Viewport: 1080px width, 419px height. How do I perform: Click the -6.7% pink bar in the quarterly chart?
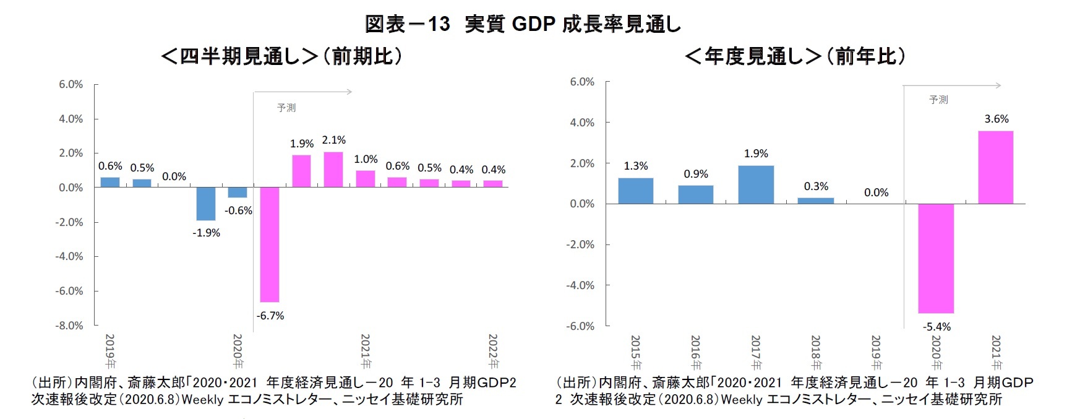coord(270,244)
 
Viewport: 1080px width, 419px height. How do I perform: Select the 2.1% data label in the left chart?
coord(333,140)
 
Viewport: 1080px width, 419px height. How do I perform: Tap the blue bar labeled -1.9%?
coord(206,204)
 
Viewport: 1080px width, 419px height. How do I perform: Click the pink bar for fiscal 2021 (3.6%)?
coord(995,167)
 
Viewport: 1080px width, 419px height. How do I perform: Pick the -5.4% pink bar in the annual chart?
coord(935,258)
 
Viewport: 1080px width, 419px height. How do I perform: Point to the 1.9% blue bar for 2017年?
coord(755,184)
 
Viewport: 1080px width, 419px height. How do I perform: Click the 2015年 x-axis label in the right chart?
coord(635,352)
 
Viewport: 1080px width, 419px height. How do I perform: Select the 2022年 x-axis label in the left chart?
coord(493,351)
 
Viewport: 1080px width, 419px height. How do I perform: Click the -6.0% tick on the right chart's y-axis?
coord(580,326)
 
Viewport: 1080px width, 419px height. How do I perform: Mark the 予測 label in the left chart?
coord(286,108)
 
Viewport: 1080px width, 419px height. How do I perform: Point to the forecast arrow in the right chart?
coord(953,85)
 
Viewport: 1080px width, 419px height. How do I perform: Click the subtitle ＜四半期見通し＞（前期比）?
coord(281,56)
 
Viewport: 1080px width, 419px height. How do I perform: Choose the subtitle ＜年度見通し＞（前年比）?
coord(795,56)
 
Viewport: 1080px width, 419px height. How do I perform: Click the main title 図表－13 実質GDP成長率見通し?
coord(523,24)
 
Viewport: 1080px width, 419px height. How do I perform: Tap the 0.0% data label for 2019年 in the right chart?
coord(876,192)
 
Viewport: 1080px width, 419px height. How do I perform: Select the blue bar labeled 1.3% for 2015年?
coord(635,191)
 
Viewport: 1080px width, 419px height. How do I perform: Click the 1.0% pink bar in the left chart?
coord(365,179)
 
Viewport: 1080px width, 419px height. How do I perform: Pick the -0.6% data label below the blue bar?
coord(238,210)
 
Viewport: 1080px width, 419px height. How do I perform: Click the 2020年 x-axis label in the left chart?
coord(238,351)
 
